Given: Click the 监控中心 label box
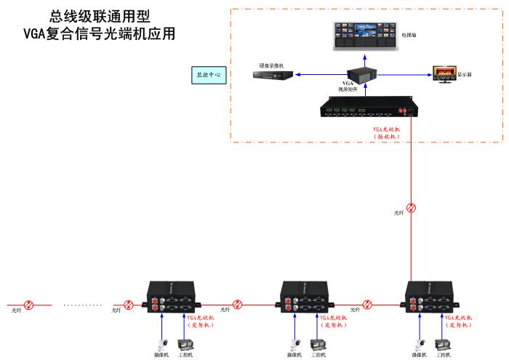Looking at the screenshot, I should click(x=209, y=75).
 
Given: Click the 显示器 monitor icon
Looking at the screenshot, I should click(x=443, y=73).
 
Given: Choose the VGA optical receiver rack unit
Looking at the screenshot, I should click(x=369, y=109).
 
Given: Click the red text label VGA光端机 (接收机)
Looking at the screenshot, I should click(x=387, y=132).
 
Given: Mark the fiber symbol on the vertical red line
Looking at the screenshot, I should click(x=412, y=207).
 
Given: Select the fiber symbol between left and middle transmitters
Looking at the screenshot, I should click(x=238, y=304).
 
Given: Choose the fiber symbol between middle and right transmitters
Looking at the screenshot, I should click(x=368, y=304).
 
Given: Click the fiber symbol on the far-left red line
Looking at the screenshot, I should click(x=29, y=304).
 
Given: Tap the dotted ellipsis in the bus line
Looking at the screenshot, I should click(x=83, y=305).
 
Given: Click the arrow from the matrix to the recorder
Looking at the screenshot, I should click(x=320, y=74).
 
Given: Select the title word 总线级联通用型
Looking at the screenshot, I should click(x=100, y=16).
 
